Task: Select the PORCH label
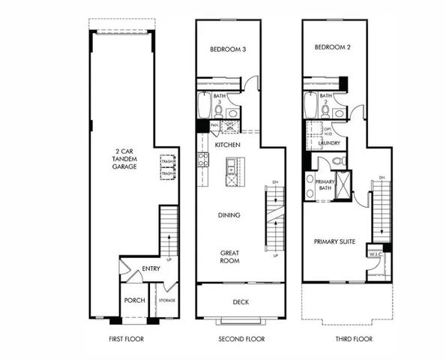point(134,301)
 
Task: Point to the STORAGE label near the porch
point(166,301)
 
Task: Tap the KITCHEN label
point(227,144)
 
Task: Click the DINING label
point(229,216)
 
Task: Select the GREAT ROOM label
point(229,257)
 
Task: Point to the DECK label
point(241,302)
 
